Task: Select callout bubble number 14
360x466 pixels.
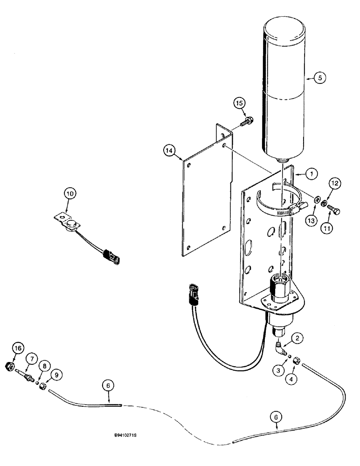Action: (x=170, y=151)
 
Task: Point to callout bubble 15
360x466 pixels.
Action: (x=239, y=103)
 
